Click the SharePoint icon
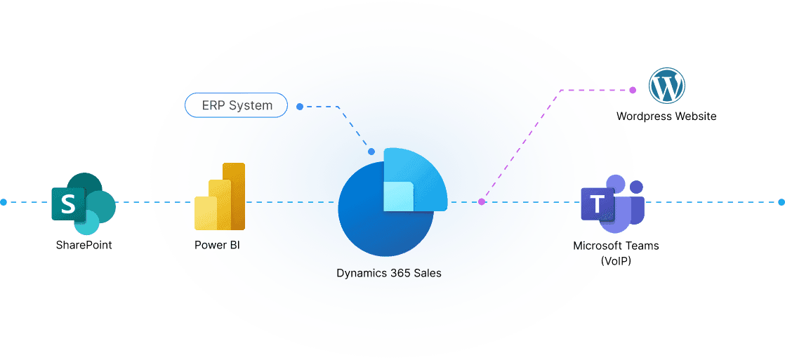pyautogui.click(x=83, y=203)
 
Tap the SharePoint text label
pyautogui.click(x=84, y=245)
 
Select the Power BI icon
pyautogui.click(x=220, y=197)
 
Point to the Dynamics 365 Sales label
pyautogui.click(x=388, y=273)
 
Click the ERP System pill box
pyautogui.click(x=236, y=105)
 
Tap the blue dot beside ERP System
pyautogui.click(x=300, y=107)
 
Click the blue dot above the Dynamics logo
pyautogui.click(x=371, y=151)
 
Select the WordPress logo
pyautogui.click(x=666, y=86)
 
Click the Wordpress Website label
pyautogui.click(x=666, y=116)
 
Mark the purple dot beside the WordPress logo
pyautogui.click(x=633, y=90)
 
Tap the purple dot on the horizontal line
pyautogui.click(x=482, y=202)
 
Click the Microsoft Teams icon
pyautogui.click(x=612, y=204)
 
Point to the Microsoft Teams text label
pyautogui.click(x=616, y=246)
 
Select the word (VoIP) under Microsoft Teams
pyautogui.click(x=616, y=260)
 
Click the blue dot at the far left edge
pyautogui.click(x=4, y=202)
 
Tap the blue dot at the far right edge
pyautogui.click(x=781, y=202)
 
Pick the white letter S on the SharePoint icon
pyautogui.click(x=68, y=204)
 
